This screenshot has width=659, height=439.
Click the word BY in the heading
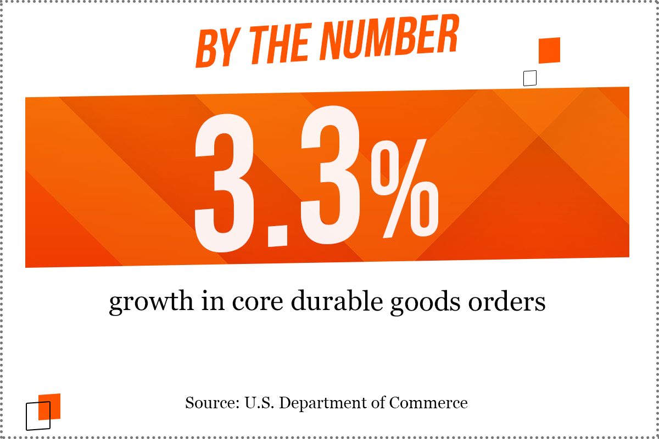(x=219, y=48)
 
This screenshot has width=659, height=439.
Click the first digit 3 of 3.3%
(x=224, y=183)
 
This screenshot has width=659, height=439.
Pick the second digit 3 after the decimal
(x=330, y=175)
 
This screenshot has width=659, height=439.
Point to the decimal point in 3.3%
(x=277, y=236)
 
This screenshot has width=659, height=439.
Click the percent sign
(x=405, y=188)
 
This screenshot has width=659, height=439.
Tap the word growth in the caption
(x=151, y=302)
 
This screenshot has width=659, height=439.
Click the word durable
(x=337, y=301)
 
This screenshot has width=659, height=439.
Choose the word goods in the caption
(x=426, y=302)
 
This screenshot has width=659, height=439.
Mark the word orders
(x=507, y=301)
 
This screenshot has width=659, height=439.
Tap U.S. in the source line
(x=259, y=403)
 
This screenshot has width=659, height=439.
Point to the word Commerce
(x=428, y=403)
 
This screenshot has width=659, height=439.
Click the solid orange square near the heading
(x=549, y=50)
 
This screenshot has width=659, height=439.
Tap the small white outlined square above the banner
(x=530, y=78)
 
